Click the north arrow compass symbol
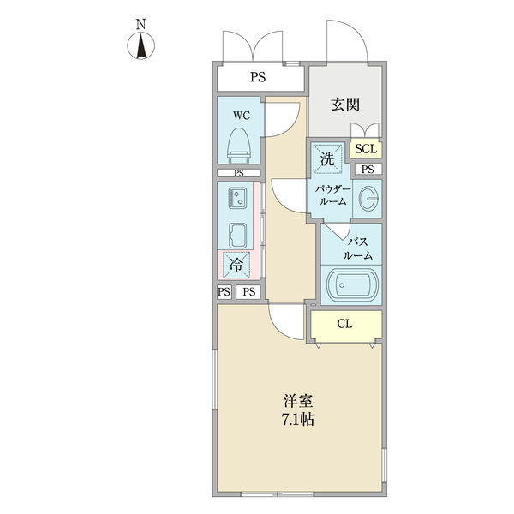(x=142, y=42)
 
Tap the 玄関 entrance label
(x=345, y=105)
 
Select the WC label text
(x=239, y=116)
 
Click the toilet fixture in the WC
(x=238, y=146)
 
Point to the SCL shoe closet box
(x=366, y=149)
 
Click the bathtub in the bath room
(x=350, y=284)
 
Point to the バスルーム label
(x=357, y=248)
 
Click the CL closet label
(x=344, y=324)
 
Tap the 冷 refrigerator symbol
(x=237, y=265)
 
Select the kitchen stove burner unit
(x=236, y=200)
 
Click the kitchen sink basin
(x=237, y=233)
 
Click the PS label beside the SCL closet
(x=367, y=169)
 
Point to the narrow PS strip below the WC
(x=239, y=172)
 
